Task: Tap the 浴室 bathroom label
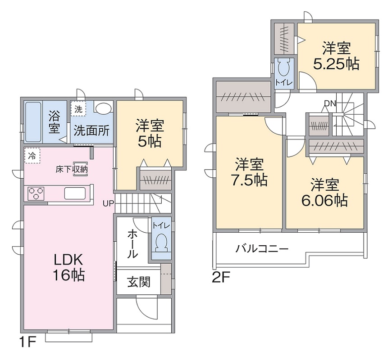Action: point(54,121)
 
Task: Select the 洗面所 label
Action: point(92,130)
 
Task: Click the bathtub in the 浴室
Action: point(33,121)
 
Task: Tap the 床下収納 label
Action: point(72,170)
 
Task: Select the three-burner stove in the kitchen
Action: point(36,193)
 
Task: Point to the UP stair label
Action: point(108,203)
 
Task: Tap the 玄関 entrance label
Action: point(138,283)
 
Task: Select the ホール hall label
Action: point(132,243)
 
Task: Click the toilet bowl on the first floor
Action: point(161,243)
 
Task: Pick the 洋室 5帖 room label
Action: point(150,133)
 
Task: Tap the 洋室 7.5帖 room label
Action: point(249,171)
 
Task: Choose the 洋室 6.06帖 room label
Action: point(324,192)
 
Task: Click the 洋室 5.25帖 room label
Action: point(336,56)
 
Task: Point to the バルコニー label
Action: point(262,248)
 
